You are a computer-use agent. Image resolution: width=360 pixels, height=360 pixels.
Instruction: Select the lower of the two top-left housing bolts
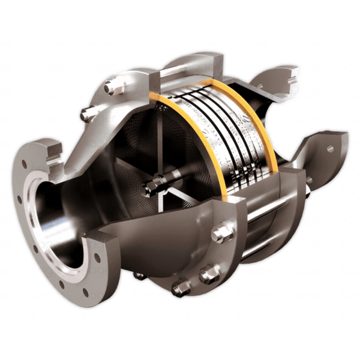tap(89, 114)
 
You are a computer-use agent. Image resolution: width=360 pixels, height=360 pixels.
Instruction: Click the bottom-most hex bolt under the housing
tap(180, 289)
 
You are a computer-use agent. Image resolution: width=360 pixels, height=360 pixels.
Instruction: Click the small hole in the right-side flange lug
tap(329, 148)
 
